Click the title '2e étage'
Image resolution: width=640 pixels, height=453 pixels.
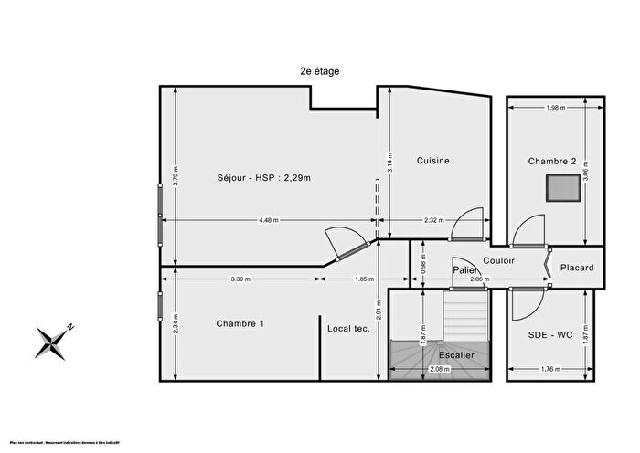(x=320, y=70)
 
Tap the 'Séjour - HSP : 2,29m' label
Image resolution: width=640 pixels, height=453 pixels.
(x=264, y=177)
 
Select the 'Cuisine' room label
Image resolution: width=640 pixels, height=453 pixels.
(x=433, y=161)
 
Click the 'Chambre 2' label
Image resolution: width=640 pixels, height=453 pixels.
(x=552, y=162)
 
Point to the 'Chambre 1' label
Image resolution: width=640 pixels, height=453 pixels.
(x=240, y=324)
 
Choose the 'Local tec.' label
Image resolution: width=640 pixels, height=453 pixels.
(x=348, y=329)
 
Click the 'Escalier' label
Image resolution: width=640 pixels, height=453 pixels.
(x=455, y=356)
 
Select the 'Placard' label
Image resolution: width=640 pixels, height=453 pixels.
(x=577, y=268)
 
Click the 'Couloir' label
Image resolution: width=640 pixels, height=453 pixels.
(x=499, y=261)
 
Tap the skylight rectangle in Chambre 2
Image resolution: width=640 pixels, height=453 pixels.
(x=562, y=188)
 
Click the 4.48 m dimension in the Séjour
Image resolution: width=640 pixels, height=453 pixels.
(x=269, y=220)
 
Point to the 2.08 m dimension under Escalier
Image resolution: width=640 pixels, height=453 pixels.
(x=440, y=369)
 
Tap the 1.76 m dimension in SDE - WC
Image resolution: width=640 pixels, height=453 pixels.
(x=549, y=369)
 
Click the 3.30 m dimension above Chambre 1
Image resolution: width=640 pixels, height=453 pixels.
(x=240, y=279)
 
